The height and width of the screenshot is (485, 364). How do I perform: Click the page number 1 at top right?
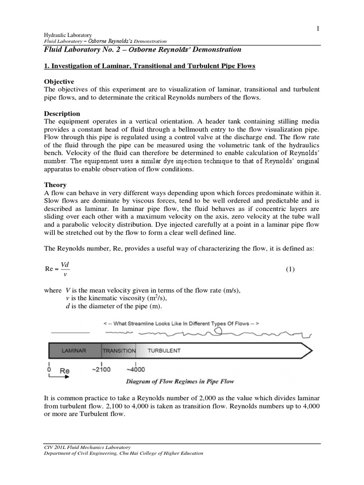tap(318, 29)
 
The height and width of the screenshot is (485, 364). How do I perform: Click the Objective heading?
tap(59, 82)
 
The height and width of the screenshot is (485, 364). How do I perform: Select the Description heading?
tap(62, 114)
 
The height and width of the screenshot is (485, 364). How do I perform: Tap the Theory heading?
tap(55, 185)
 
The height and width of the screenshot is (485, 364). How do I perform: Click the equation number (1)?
tap(290, 269)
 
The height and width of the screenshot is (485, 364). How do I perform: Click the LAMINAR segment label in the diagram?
tap(73, 351)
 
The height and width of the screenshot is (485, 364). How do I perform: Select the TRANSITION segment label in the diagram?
tap(119, 351)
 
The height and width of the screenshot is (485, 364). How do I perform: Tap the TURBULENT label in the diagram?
tap(164, 351)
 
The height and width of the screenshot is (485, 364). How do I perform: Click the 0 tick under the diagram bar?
tap(49, 369)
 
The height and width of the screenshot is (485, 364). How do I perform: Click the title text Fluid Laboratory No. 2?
tap(81, 49)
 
